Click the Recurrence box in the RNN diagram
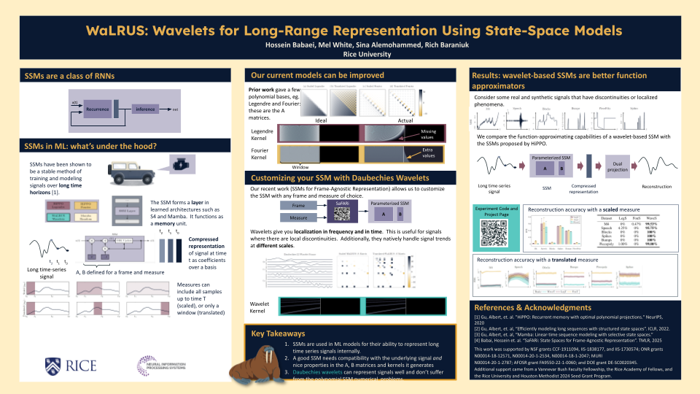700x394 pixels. (x=97, y=108)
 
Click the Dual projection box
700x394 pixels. (x=618, y=166)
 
